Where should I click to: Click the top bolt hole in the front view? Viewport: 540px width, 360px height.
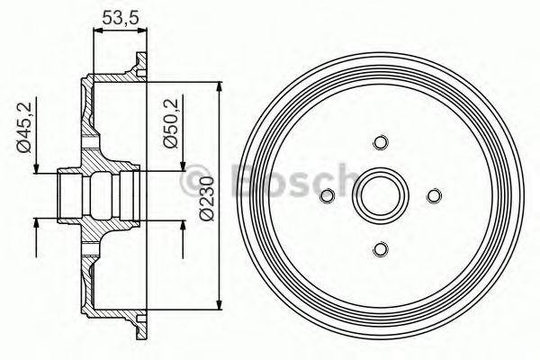tap(380, 142)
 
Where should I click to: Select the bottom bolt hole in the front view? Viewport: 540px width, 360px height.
tap(380, 249)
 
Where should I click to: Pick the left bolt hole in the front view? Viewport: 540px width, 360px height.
tap(327, 195)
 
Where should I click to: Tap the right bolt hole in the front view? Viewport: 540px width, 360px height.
tap(434, 195)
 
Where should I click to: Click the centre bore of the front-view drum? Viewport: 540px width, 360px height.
tap(380, 195)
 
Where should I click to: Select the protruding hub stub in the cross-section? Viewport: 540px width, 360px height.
tap(70, 194)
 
